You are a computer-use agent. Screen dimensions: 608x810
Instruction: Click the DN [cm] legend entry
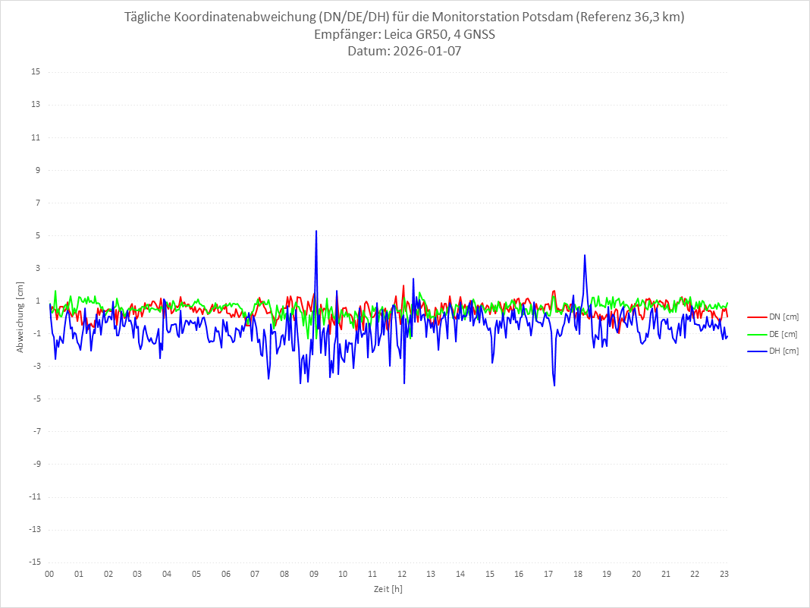pos(773,317)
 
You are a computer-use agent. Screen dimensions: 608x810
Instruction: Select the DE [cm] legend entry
pos(773,334)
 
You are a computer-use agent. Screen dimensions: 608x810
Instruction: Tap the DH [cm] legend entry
pos(773,351)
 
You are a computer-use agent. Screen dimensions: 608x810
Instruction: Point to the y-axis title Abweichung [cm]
pos(20,317)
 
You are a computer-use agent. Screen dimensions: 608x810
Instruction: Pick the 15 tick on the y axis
pos(36,72)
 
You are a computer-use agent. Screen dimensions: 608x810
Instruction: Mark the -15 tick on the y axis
pos(34,562)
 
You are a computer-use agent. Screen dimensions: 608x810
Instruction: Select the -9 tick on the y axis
pos(36,464)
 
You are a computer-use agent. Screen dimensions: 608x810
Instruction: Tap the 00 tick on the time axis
pos(49,574)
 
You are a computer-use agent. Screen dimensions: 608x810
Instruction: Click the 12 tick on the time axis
pos(402,574)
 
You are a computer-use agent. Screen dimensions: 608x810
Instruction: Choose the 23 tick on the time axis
pos(724,574)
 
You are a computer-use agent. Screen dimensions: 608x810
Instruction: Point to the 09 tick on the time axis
pos(314,574)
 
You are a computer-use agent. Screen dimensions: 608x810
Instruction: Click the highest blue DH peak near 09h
pos(316,231)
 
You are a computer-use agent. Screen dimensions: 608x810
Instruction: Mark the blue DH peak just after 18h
pos(585,255)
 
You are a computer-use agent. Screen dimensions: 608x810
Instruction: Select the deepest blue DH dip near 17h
pos(554,386)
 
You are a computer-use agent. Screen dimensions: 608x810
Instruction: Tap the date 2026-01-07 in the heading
pos(426,52)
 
